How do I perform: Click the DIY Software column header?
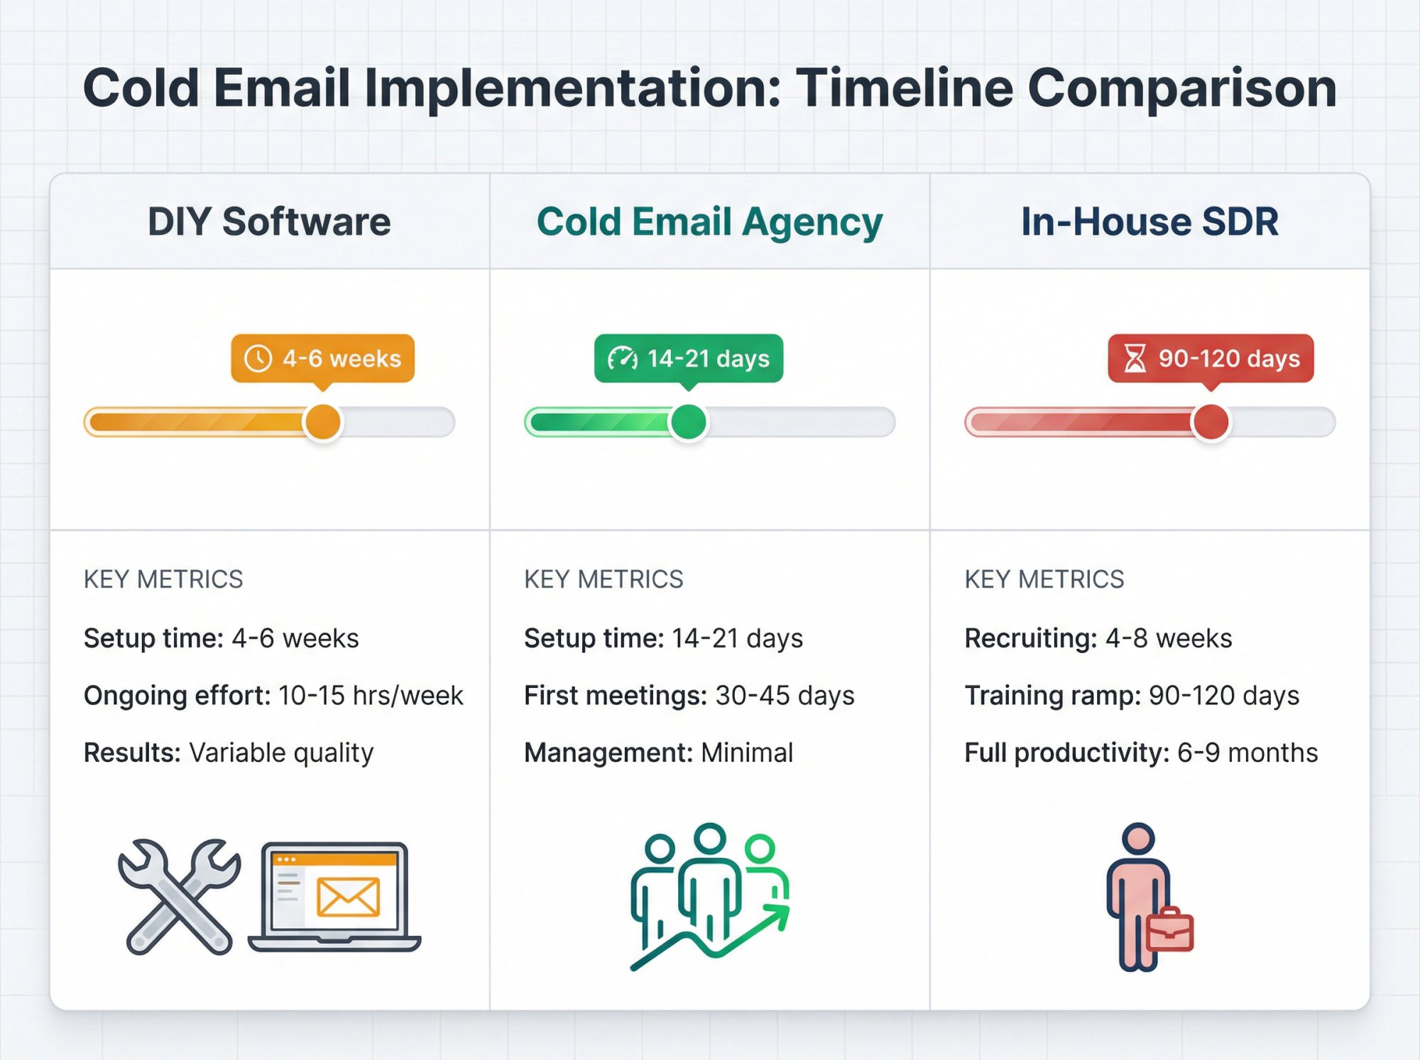pos(269,222)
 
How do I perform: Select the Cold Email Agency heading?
pos(709,222)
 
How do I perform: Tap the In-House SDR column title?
pos(1149,222)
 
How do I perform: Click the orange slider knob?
pos(323,422)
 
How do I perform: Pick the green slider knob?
pos(688,422)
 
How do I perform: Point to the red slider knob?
pos(1211,422)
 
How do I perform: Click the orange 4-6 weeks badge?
pos(323,359)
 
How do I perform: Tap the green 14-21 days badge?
pos(689,359)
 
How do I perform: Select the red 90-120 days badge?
pos(1211,359)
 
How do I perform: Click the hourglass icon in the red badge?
pos(1135,359)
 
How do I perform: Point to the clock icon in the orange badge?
pos(258,359)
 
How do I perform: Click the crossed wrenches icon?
pos(178,896)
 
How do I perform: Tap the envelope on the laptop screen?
pos(348,897)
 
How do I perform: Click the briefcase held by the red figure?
pos(1169,930)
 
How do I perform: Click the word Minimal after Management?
pos(747,753)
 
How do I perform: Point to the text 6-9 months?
pos(1247,753)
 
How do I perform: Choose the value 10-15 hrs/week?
pos(371,696)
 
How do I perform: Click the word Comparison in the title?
pos(1182,89)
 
